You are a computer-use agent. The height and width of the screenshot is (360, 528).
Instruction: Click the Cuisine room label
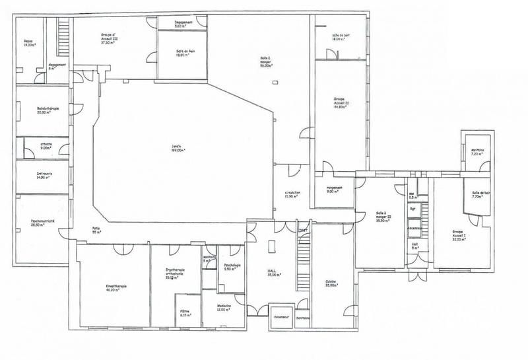[x=330, y=283]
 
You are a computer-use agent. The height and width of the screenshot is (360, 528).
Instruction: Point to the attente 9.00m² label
[x=46, y=146]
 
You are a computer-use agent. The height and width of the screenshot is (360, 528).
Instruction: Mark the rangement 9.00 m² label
[x=333, y=188]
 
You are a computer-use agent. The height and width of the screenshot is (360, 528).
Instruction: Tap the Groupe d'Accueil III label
[x=110, y=36]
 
